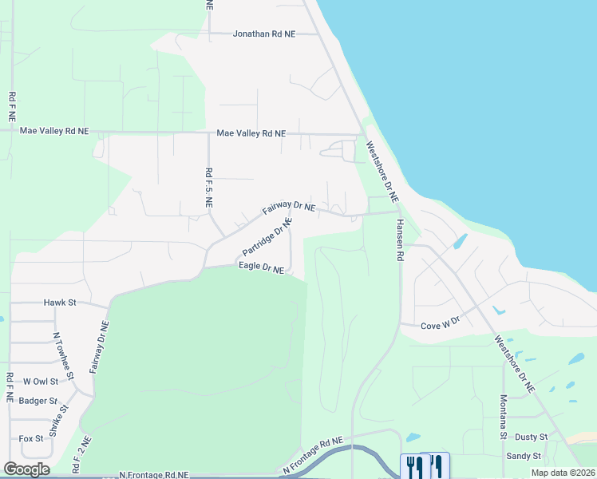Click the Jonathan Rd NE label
click(x=264, y=34)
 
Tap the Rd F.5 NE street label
click(x=209, y=188)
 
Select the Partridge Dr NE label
click(x=264, y=243)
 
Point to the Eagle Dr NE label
click(x=261, y=269)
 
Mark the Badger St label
click(x=39, y=401)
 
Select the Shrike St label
click(x=55, y=419)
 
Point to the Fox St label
click(x=31, y=438)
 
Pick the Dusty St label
click(x=531, y=437)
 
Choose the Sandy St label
click(x=524, y=457)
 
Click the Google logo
click(x=26, y=469)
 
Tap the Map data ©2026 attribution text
click(x=563, y=473)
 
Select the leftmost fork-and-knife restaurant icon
click(x=414, y=465)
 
